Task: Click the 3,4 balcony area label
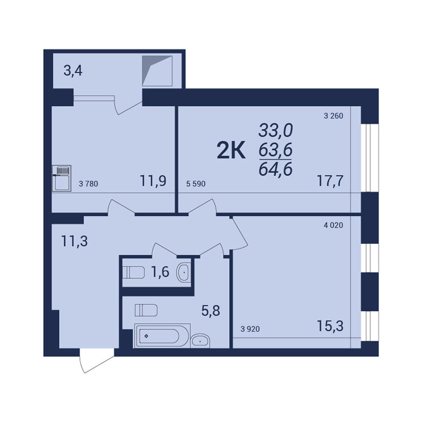(x=73, y=71)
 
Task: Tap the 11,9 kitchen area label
(x=153, y=181)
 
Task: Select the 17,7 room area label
(x=330, y=181)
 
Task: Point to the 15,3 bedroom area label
(x=330, y=326)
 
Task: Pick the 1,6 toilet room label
(x=160, y=272)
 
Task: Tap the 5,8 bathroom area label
(x=211, y=311)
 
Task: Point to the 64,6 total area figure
(x=276, y=170)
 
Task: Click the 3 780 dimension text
(x=88, y=184)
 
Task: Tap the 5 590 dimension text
(x=196, y=184)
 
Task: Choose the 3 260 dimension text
(x=333, y=116)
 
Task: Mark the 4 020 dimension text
(x=333, y=225)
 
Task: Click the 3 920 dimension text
(x=250, y=329)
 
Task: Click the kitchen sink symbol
(x=62, y=179)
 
